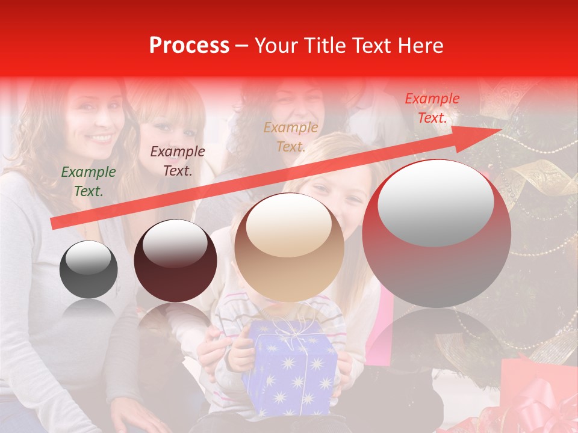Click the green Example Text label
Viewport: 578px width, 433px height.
[89, 182]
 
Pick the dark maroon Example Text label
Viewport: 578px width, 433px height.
[177, 161]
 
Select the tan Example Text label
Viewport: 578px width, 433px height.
[291, 137]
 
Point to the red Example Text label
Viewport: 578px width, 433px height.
[432, 108]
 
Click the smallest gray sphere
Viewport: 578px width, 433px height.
[89, 269]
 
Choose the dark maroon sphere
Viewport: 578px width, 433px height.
[175, 261]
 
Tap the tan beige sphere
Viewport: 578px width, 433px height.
[289, 248]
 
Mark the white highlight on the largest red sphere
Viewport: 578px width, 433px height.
[435, 201]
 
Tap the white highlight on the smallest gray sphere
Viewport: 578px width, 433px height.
[88, 259]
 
